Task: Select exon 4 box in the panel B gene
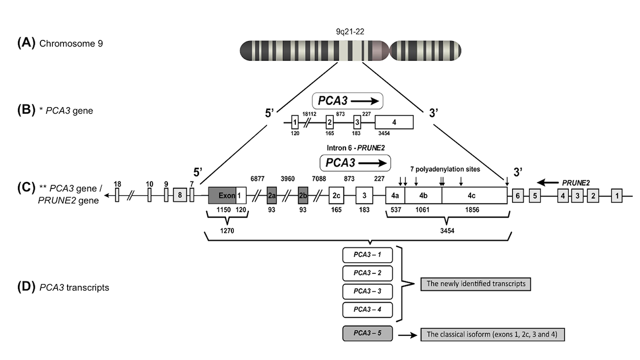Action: (394, 122)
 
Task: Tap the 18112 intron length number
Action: (310, 114)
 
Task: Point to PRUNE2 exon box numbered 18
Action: (117, 196)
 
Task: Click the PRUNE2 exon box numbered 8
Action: (180, 196)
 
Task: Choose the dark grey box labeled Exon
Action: (222, 196)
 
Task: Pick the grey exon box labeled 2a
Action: (272, 196)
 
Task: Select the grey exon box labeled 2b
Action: (303, 196)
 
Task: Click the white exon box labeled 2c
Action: (336, 196)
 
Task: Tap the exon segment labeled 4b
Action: (423, 196)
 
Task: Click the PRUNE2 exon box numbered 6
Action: (518, 196)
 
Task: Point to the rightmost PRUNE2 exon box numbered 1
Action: (617, 196)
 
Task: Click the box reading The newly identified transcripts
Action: (475, 284)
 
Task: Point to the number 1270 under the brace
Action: (226, 231)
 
